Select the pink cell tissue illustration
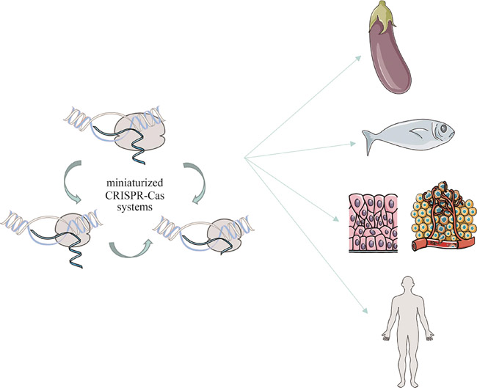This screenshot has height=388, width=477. (372, 219)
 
